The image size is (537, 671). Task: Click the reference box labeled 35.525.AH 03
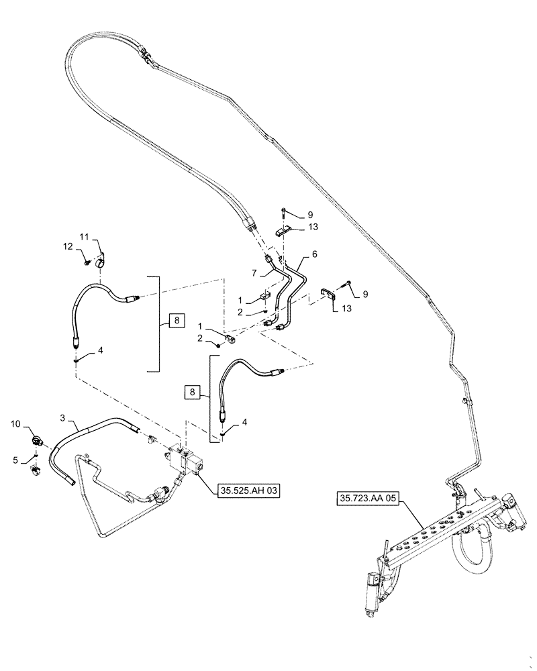pos(248,491)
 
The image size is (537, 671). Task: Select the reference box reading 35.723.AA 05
pos(369,499)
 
